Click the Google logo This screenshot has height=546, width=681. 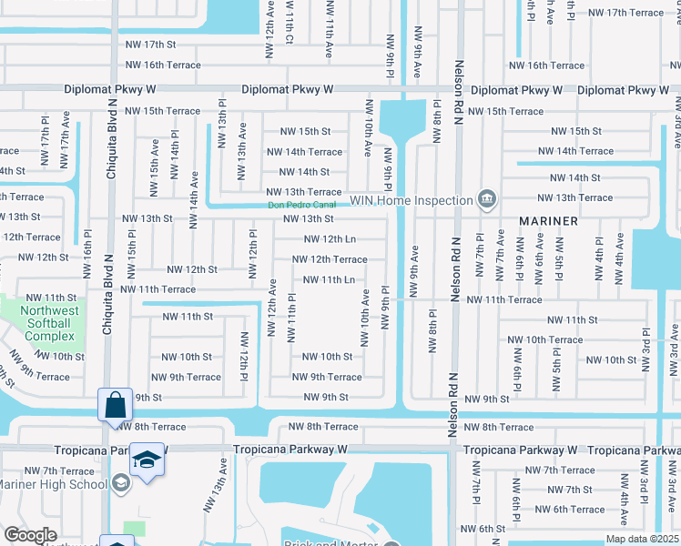pos(30,535)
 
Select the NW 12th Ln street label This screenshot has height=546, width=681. pos(329,239)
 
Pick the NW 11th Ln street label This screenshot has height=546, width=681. pos(329,279)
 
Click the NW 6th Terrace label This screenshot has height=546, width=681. pos(570,510)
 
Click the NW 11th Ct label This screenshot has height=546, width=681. pos(289,25)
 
